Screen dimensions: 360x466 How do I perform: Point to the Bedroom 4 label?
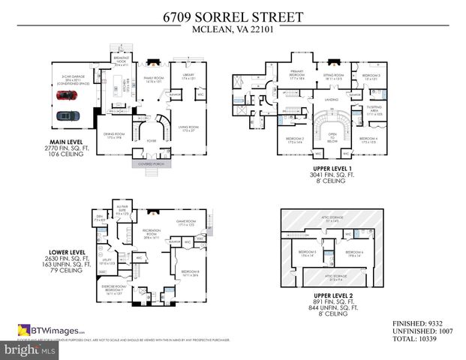click(x=367, y=139)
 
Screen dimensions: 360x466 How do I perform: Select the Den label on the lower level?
click(x=99, y=218)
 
